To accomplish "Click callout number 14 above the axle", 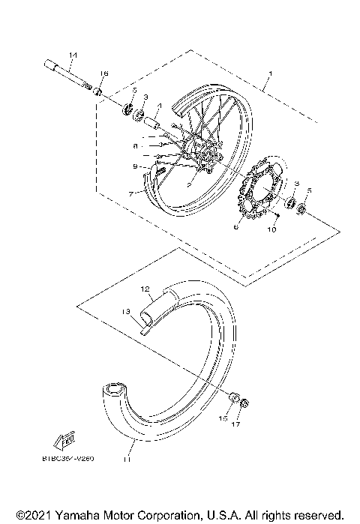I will pos(73,55).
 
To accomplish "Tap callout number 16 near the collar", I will pos(104,73).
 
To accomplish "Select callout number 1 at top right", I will pos(271,75).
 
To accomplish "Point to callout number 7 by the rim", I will pos(130,193).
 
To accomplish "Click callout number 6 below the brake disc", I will pos(235,226).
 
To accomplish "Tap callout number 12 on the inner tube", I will pos(145,288).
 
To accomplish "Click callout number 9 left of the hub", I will pos(135,166).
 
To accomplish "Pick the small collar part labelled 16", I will pos(97,91).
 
